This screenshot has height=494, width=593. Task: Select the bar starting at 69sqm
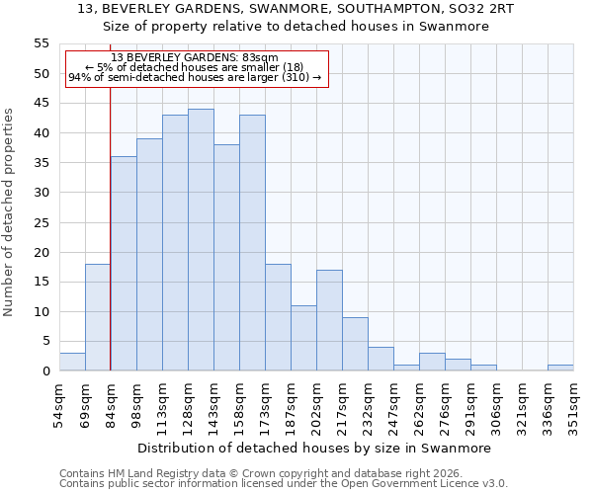pyautogui.click(x=98, y=317)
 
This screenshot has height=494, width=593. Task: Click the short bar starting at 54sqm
pyautogui.click(x=72, y=362)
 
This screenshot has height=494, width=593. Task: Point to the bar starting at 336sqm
pyautogui.click(x=560, y=368)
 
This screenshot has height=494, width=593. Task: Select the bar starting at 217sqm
pyautogui.click(x=355, y=344)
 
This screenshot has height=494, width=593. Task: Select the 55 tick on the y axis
pyautogui.click(x=42, y=43)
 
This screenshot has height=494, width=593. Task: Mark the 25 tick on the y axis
pyautogui.click(x=42, y=222)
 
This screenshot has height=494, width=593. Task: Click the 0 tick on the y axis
pyautogui.click(x=45, y=371)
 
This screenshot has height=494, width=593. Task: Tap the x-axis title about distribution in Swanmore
pyautogui.click(x=313, y=448)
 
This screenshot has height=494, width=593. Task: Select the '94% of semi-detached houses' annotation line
pyautogui.click(x=195, y=77)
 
